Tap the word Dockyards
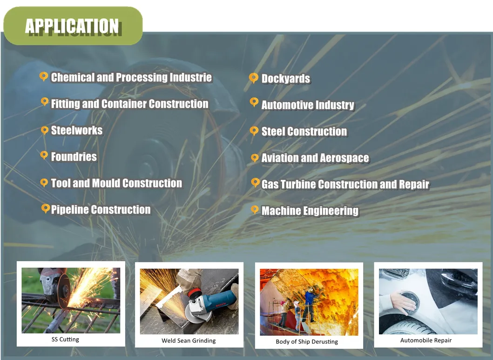pyautogui.click(x=286, y=79)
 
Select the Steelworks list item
pyautogui.click(x=77, y=130)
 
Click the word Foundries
pyautogui.click(x=74, y=157)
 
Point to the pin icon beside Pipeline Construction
pyautogui.click(x=46, y=208)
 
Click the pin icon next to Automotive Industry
pyautogui.click(x=254, y=102)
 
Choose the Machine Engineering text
pyautogui.click(x=310, y=211)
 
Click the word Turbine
pyautogui.click(x=298, y=184)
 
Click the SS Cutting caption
pyautogui.click(x=65, y=339)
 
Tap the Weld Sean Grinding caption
pyautogui.click(x=189, y=340)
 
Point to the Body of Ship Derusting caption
pyautogui.click(x=307, y=341)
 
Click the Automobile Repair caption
pyautogui.click(x=426, y=340)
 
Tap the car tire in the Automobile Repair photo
pyautogui.click(x=409, y=327)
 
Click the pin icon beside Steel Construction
pyautogui.click(x=254, y=131)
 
